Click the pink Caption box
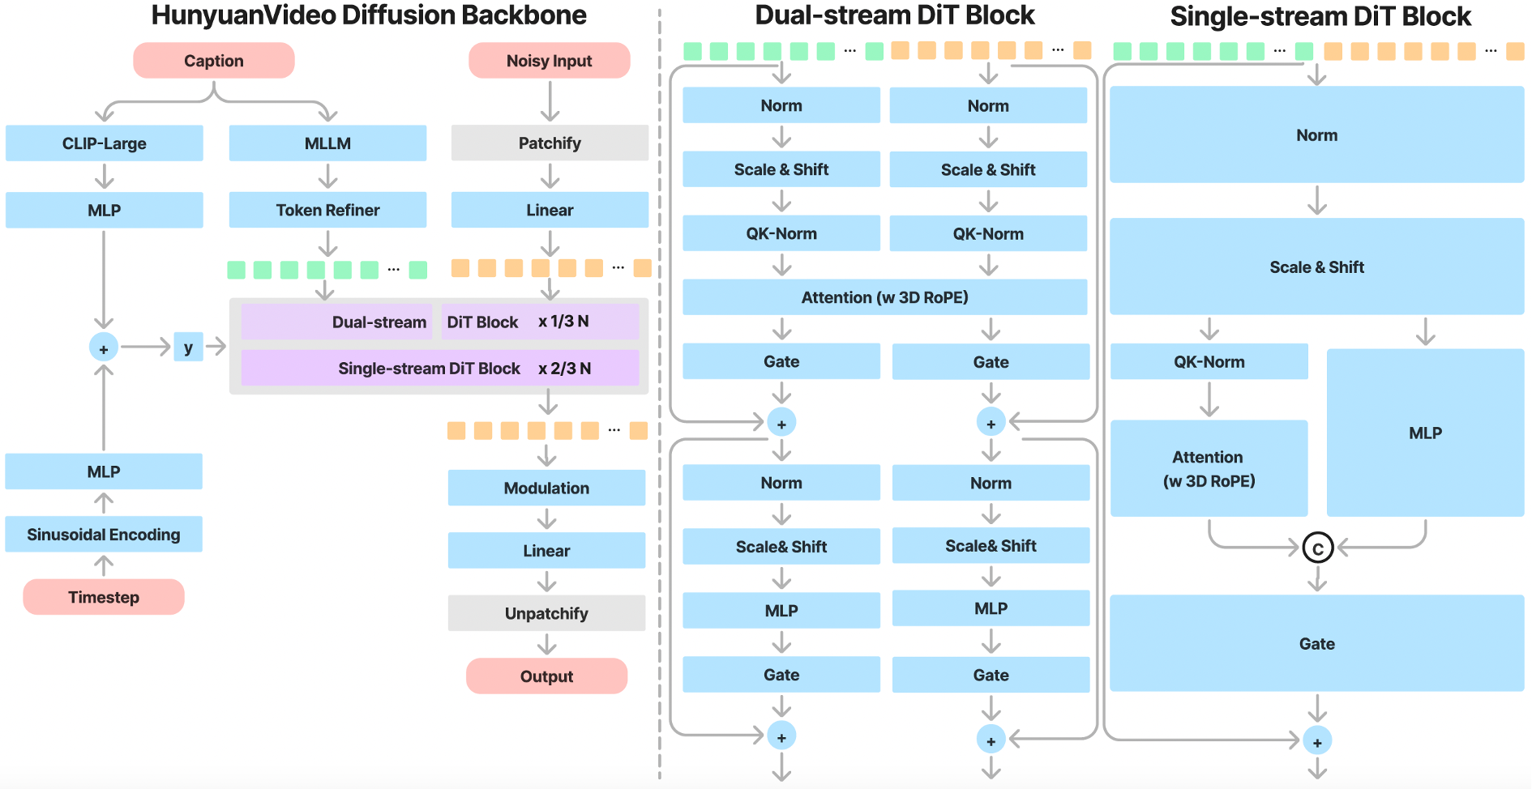213,61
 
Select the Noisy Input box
549,61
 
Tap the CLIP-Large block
104,143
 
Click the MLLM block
327,143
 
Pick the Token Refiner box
327,210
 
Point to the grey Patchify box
550,143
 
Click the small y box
188,348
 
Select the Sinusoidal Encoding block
104,535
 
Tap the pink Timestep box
104,597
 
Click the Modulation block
546,488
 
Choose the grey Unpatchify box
546,613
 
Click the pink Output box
546,676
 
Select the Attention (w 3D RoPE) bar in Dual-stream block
884,297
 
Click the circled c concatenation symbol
1317,548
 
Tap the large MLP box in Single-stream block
1425,433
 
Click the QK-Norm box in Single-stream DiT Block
1209,362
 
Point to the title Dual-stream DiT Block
895,15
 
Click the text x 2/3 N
565,369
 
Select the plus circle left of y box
104,348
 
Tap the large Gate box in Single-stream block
1316,643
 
